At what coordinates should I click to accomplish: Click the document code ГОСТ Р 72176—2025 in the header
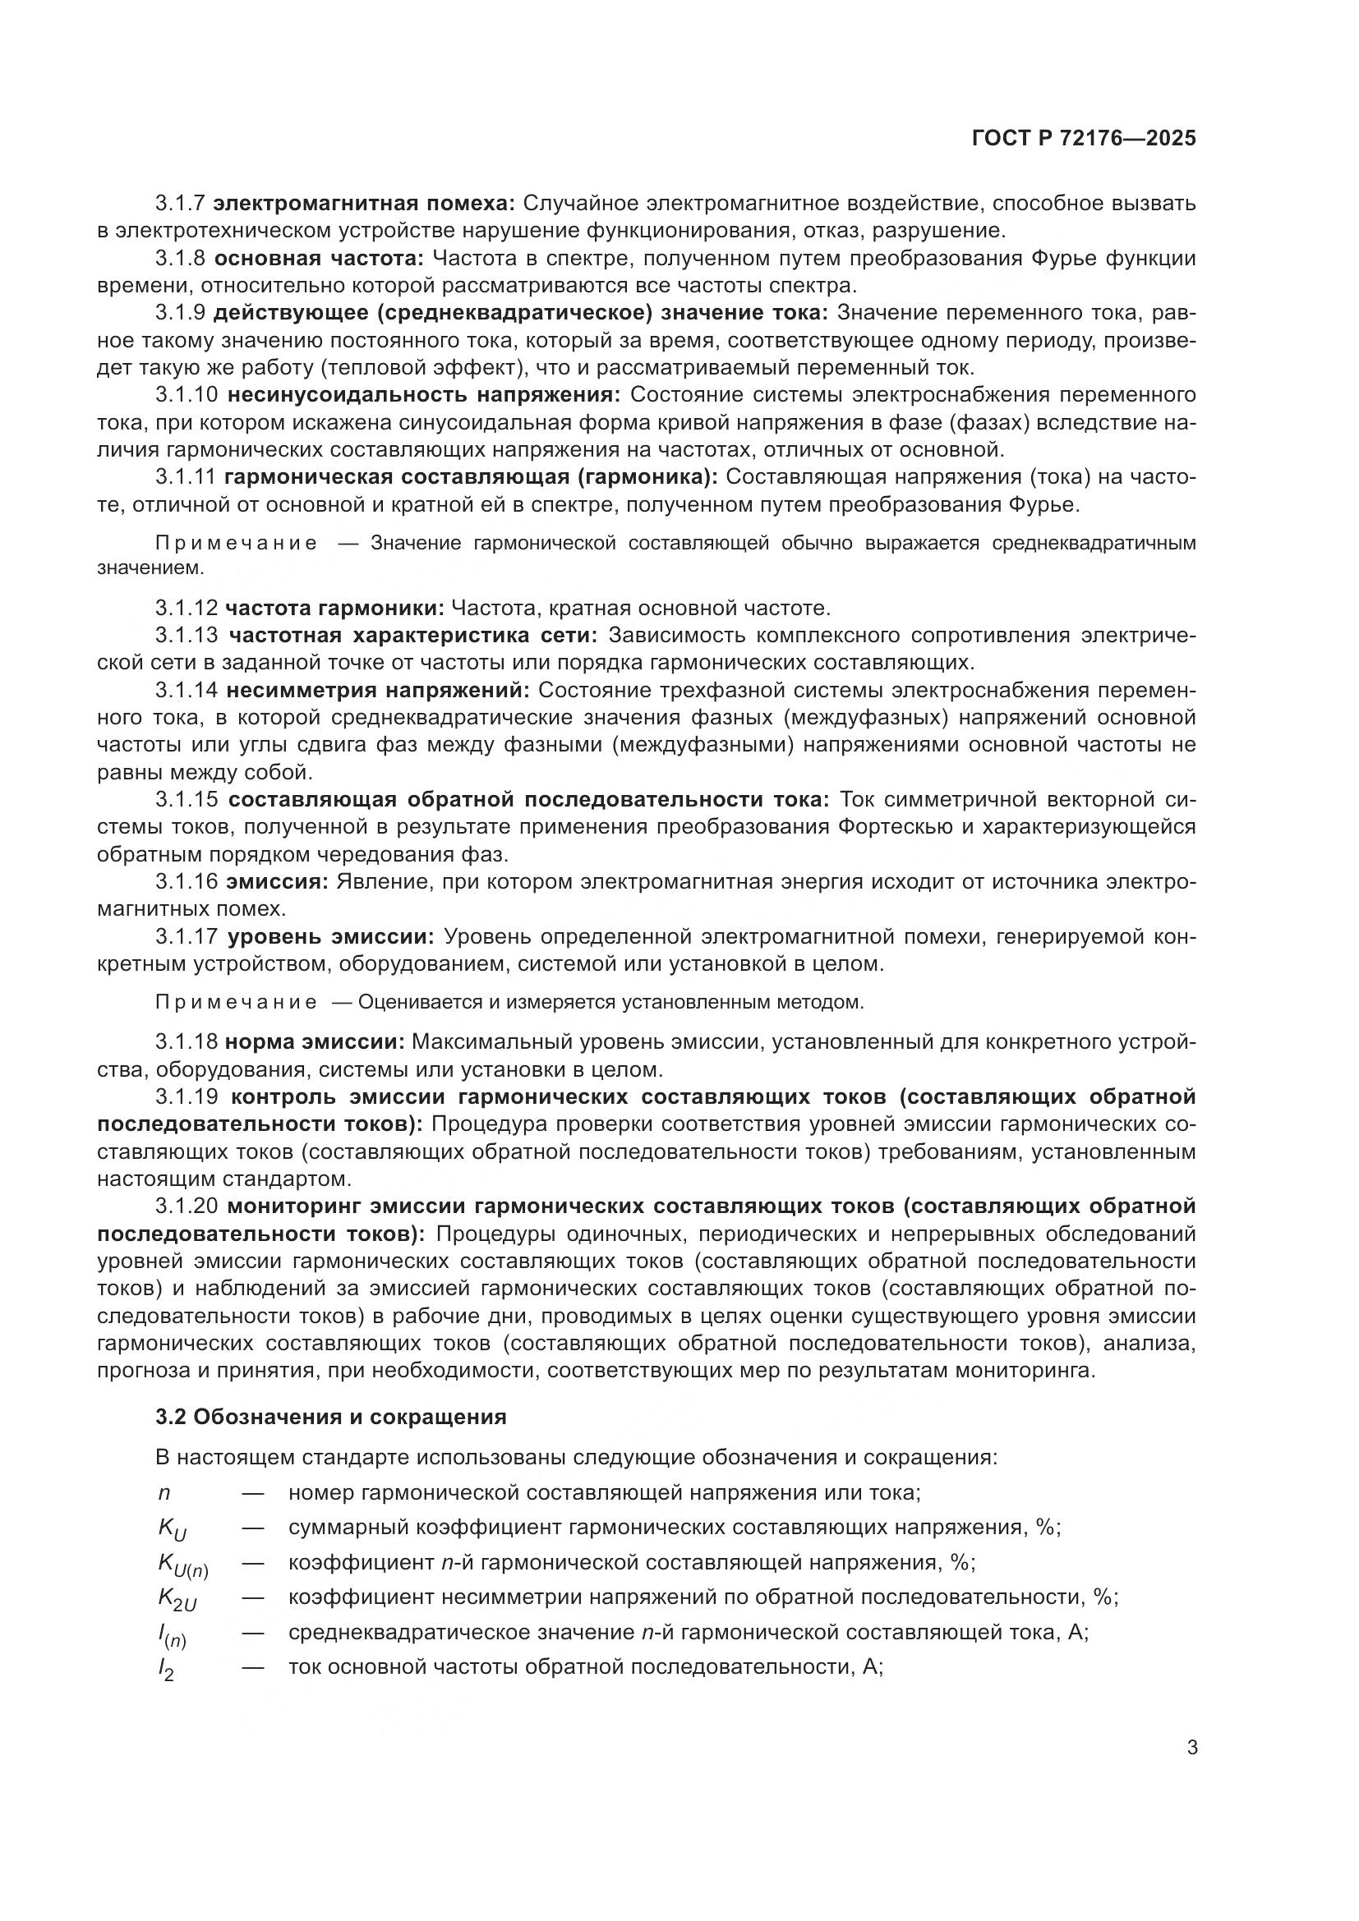point(1084,139)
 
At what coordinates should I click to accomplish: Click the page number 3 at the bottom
point(1192,1749)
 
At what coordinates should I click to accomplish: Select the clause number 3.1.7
point(180,204)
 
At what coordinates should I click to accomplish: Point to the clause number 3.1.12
point(186,608)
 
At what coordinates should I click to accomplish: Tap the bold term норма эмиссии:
point(315,1042)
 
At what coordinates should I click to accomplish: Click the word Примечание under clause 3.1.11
point(237,544)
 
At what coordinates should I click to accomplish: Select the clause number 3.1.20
point(186,1206)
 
